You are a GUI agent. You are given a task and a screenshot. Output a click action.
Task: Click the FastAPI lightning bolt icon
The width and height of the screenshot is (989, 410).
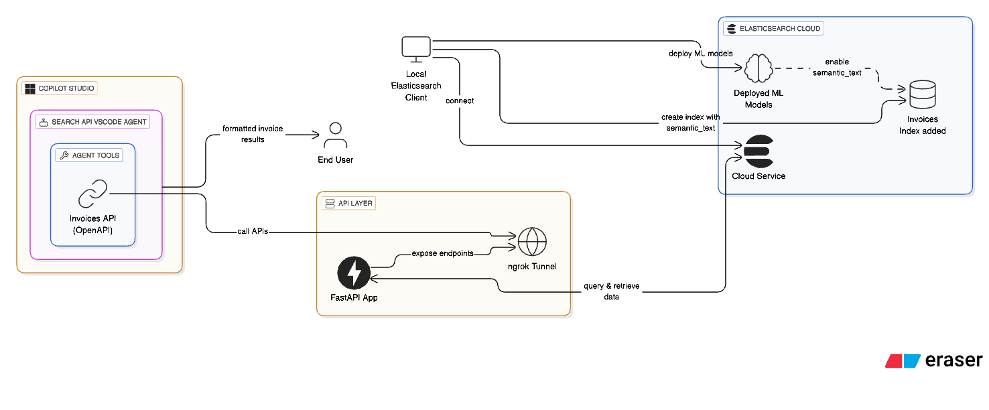pyautogui.click(x=354, y=273)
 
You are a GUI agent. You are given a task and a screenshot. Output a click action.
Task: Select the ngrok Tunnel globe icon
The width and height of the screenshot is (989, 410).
pyautogui.click(x=532, y=242)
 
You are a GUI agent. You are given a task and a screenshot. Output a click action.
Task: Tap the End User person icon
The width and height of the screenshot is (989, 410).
pyautogui.click(x=335, y=136)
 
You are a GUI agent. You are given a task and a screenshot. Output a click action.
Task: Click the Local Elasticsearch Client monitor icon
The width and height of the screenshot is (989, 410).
pyautogui.click(x=416, y=49)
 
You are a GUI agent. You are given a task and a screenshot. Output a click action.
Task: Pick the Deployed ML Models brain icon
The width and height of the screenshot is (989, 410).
pyautogui.click(x=758, y=68)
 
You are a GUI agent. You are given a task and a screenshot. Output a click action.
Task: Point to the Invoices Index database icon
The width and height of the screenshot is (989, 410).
pyautogui.click(x=922, y=96)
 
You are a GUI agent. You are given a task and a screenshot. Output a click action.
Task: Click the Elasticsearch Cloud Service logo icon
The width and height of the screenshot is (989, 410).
pyautogui.click(x=758, y=151)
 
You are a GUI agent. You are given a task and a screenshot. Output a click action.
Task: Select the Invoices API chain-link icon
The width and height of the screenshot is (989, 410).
pyautogui.click(x=92, y=194)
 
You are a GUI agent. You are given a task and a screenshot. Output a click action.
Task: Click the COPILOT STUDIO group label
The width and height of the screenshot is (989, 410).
pyautogui.click(x=60, y=88)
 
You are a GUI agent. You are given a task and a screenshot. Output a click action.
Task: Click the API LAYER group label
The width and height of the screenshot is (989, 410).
pyautogui.click(x=349, y=203)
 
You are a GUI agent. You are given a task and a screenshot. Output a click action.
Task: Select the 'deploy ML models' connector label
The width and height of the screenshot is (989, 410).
pyautogui.click(x=700, y=53)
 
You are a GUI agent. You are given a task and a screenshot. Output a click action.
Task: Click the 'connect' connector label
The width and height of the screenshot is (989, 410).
pyautogui.click(x=459, y=100)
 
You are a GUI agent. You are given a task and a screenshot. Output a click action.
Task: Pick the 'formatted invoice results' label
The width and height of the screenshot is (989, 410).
pyautogui.click(x=253, y=133)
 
